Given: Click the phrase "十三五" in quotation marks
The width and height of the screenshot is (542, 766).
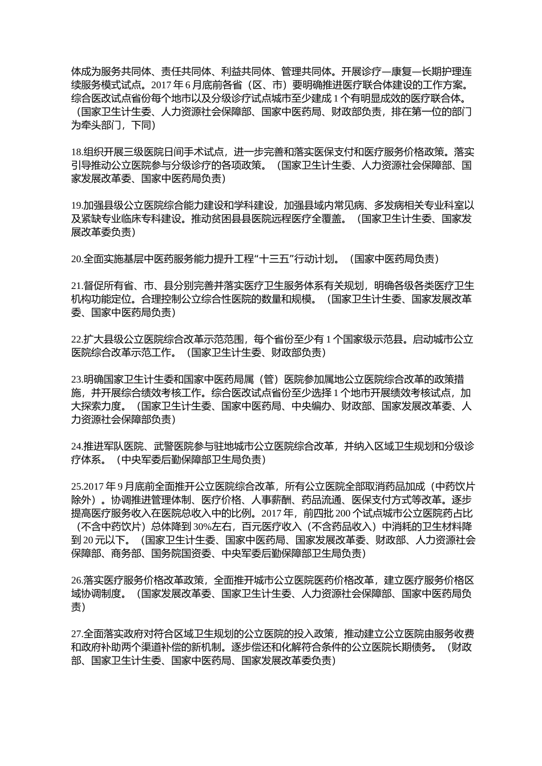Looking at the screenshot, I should tap(276, 259).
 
